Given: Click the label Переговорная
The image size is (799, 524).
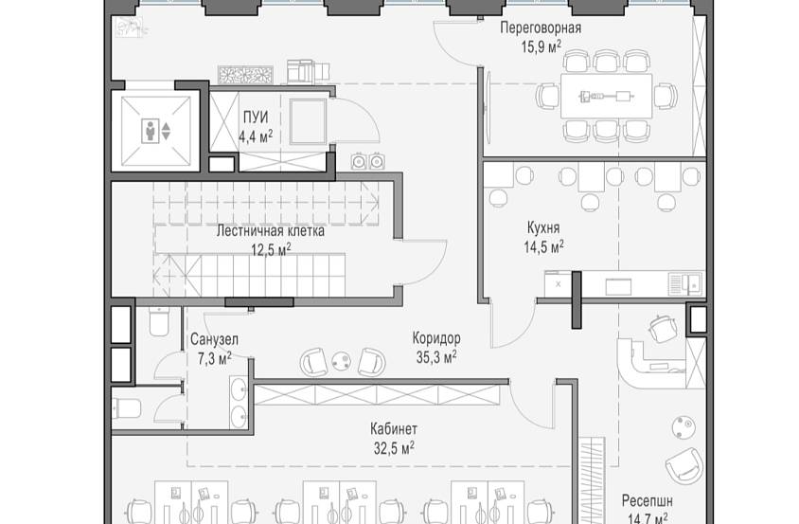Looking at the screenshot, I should [x=541, y=27].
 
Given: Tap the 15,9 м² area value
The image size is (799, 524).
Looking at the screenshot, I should [x=541, y=44].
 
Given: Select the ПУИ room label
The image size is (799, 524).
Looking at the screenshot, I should [x=255, y=117].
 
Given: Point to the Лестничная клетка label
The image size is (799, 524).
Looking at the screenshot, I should [x=270, y=230].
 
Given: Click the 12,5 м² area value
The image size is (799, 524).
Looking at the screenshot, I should [x=270, y=249].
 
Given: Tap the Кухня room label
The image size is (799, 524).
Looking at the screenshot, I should [x=543, y=228].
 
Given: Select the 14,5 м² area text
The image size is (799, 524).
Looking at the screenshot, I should [x=543, y=245].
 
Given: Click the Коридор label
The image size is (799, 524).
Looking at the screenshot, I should [x=436, y=338].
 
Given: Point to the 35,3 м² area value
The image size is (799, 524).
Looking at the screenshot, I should [x=436, y=356].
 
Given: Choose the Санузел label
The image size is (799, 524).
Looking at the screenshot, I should [x=213, y=339].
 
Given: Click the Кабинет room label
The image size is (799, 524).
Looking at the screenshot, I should [x=394, y=428].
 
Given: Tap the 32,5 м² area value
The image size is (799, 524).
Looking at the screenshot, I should [x=394, y=446].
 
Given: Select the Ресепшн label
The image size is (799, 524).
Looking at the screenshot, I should [x=648, y=500].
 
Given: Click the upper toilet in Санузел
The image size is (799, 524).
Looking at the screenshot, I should [x=158, y=325].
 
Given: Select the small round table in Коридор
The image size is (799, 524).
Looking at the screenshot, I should [x=340, y=359].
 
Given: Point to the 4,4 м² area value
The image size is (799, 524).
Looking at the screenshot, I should [x=255, y=136].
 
